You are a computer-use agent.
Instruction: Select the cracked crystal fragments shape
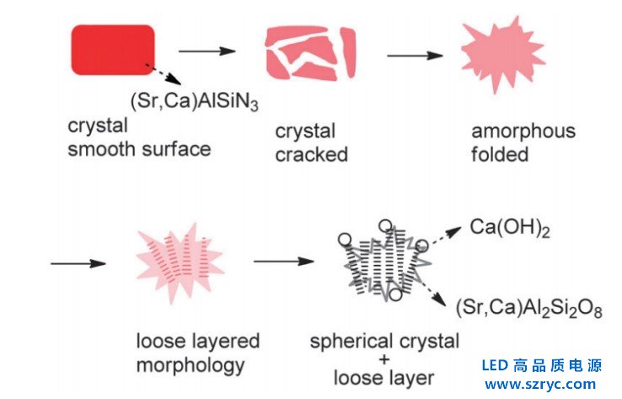click(x=309, y=51)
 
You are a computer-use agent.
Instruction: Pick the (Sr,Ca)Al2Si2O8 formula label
click(x=529, y=305)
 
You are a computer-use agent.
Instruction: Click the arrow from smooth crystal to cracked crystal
click(x=207, y=51)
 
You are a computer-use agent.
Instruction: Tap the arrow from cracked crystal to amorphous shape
click(x=415, y=56)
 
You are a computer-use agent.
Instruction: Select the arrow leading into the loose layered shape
click(x=78, y=263)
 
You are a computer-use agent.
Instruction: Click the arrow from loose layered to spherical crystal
click(x=283, y=261)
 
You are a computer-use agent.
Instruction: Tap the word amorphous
click(x=523, y=132)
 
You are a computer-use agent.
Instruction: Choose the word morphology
click(x=190, y=365)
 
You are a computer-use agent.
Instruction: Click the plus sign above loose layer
click(x=384, y=360)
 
